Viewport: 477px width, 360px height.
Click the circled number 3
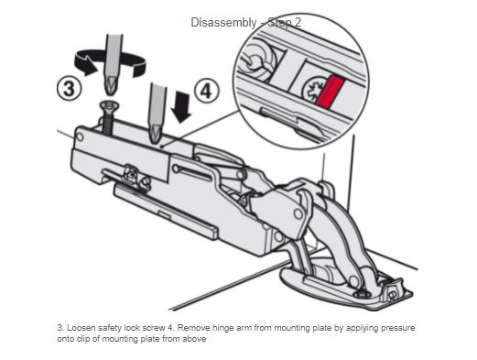[70, 89]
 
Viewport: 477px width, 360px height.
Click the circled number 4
[207, 91]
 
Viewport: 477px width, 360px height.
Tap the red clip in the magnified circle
[331, 92]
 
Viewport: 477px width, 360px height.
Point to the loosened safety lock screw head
[109, 105]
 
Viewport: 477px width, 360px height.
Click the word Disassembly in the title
[223, 23]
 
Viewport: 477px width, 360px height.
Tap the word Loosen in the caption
[81, 328]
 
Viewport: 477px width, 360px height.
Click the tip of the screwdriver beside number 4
[156, 141]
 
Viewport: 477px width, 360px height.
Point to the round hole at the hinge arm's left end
[80, 136]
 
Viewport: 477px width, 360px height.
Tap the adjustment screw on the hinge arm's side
[133, 175]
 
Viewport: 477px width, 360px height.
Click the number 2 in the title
[297, 23]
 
